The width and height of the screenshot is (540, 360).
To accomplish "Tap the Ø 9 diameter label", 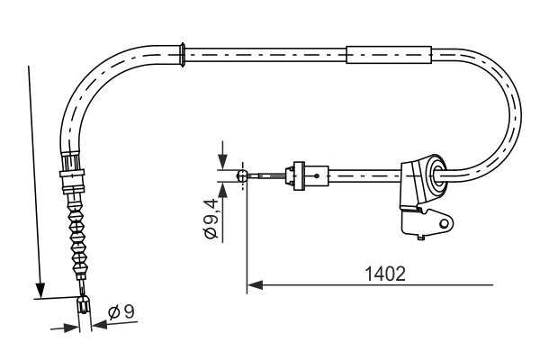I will (121, 313).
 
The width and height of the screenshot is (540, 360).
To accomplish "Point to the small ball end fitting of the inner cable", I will (241, 176).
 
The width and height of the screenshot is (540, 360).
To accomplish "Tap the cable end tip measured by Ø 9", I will (85, 307).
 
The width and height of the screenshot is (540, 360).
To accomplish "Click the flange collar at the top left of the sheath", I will (184, 53).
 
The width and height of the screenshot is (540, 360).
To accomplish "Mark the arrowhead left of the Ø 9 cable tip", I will (72, 328).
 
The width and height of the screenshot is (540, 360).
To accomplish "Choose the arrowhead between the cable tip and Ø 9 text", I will (97, 326).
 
